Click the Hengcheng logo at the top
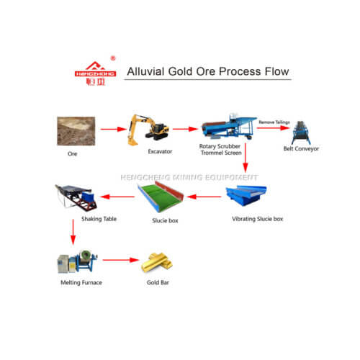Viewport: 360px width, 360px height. [x=94, y=71]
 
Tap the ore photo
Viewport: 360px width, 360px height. [x=74, y=130]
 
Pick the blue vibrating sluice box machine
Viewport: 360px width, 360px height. [x=247, y=195]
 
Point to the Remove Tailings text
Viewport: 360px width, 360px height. [x=274, y=123]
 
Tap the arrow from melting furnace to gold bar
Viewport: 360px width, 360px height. [x=120, y=260]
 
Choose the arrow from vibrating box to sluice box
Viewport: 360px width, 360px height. [x=204, y=195]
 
